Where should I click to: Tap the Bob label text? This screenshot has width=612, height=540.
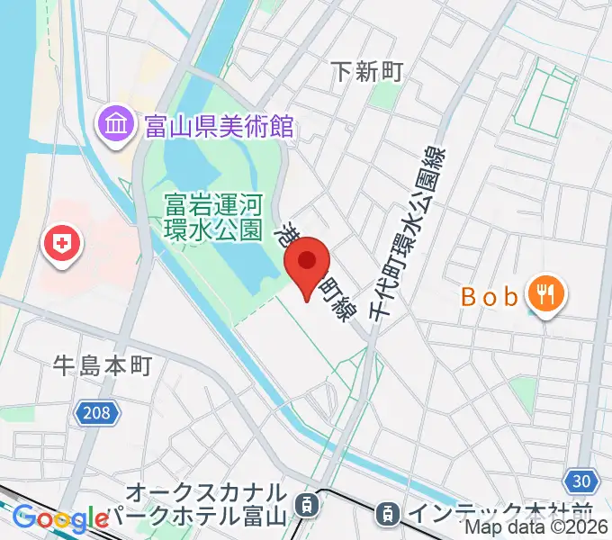pyautogui.click(x=490, y=295)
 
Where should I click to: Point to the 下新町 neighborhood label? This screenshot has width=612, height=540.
pyautogui.click(x=367, y=70)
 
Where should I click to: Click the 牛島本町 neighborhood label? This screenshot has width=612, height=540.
pyautogui.click(x=102, y=364)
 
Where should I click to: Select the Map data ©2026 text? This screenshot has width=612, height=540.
pyautogui.click(x=536, y=528)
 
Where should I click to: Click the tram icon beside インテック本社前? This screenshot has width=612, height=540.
pyautogui.click(x=387, y=514)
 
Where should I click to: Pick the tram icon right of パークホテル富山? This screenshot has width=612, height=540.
pyautogui.click(x=309, y=505)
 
